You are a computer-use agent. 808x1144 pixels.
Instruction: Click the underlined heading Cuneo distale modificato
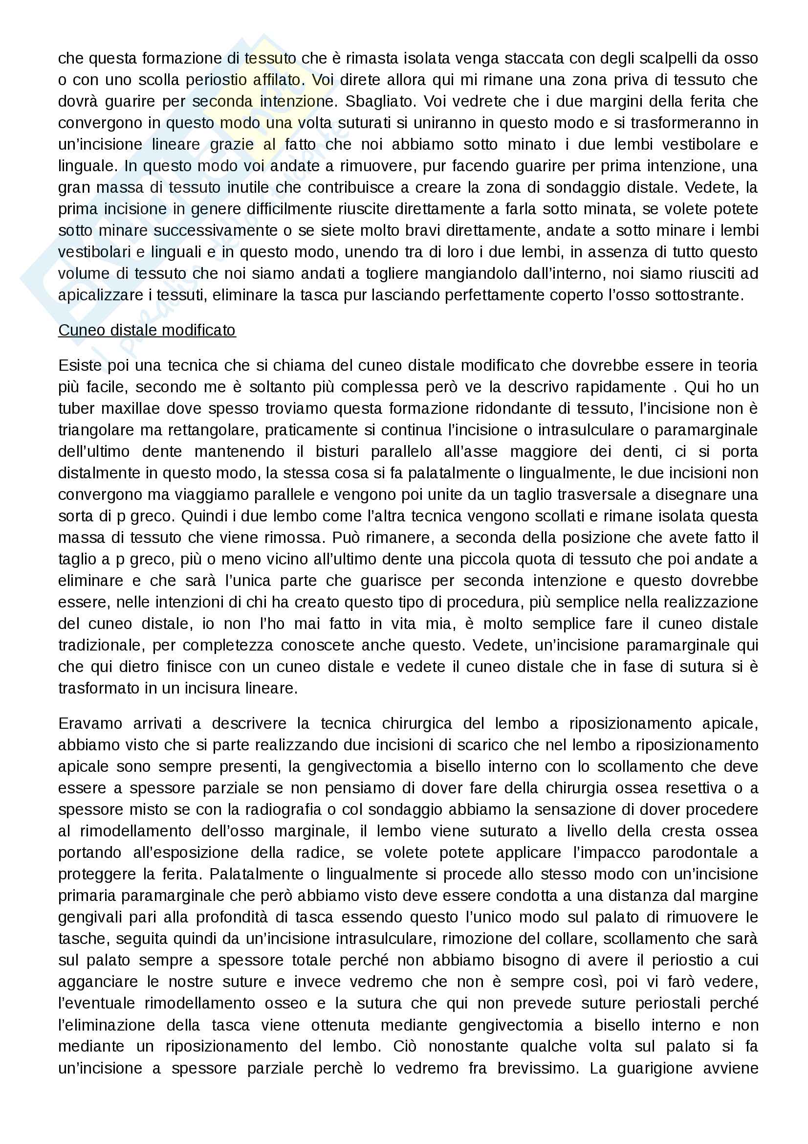point(147,330)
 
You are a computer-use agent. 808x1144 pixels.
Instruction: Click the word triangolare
point(95,430)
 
